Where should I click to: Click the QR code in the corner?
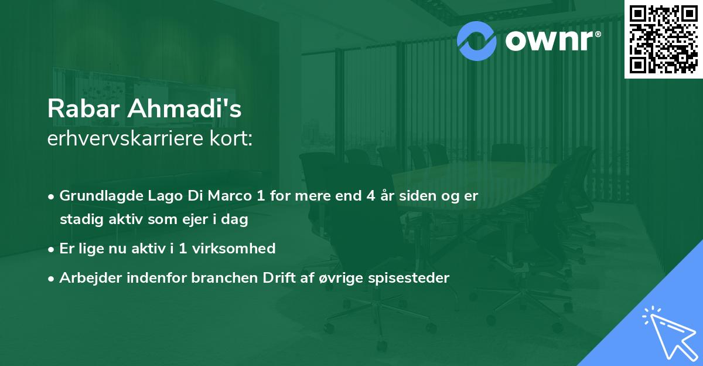(663, 39)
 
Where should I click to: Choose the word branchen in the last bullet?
(213, 278)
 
